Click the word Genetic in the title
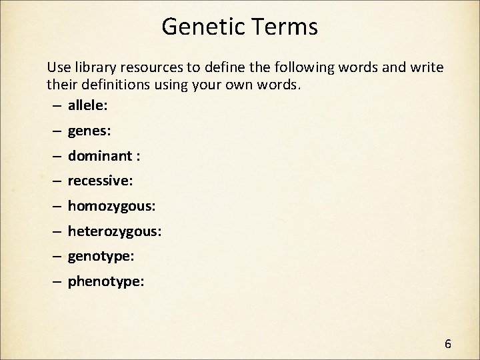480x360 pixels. pos(202,27)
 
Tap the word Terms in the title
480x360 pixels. pos(282,27)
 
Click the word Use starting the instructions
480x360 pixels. pos(57,68)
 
